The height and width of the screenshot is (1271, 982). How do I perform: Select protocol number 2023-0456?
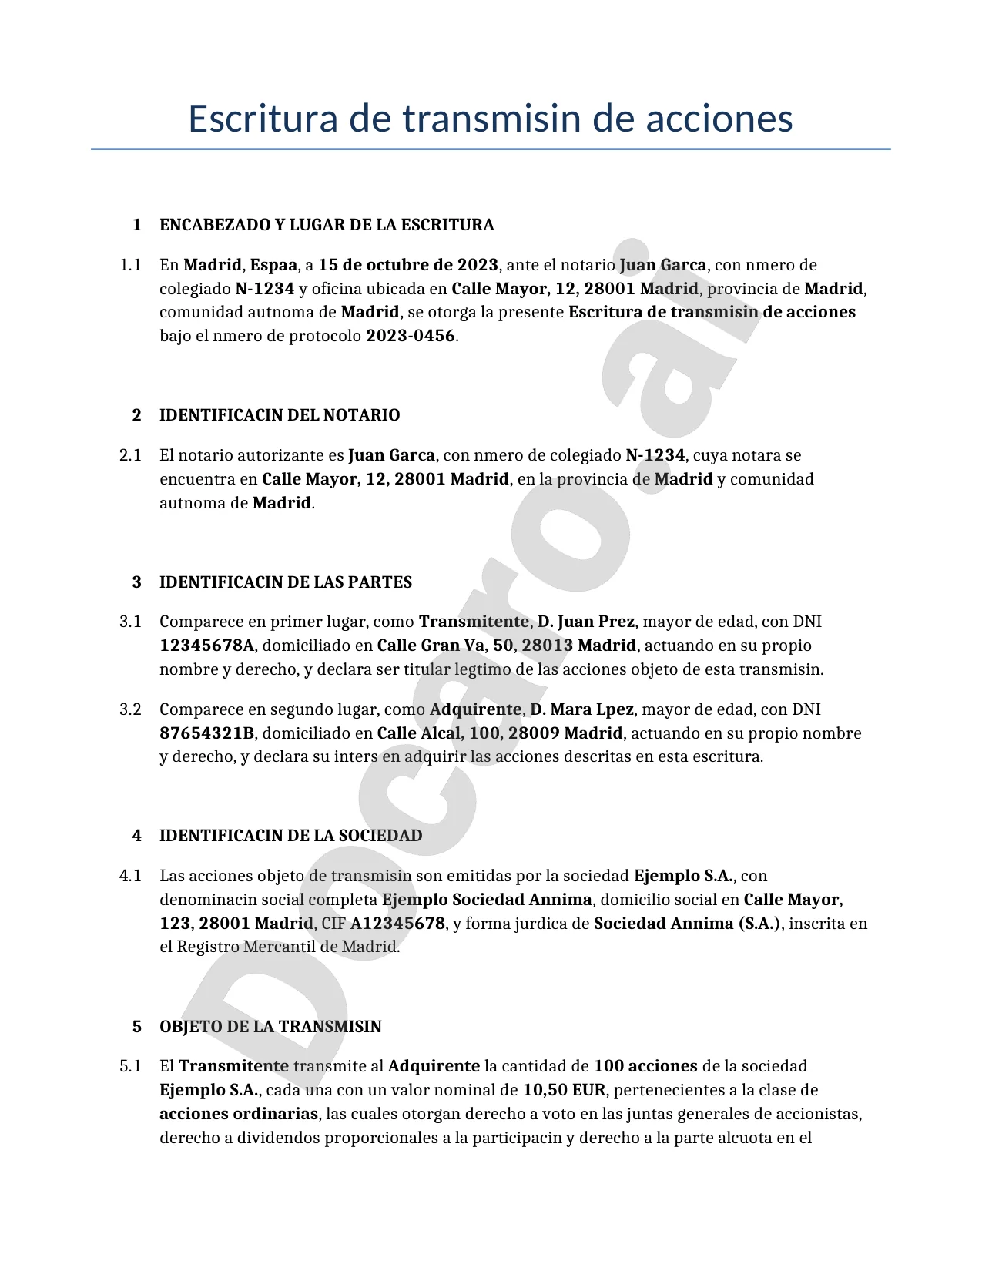click(411, 336)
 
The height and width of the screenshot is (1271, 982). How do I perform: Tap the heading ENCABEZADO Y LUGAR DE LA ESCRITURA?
click(327, 225)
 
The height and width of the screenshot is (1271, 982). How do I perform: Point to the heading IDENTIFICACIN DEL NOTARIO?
click(280, 415)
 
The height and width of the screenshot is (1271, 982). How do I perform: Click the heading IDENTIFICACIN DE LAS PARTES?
click(286, 582)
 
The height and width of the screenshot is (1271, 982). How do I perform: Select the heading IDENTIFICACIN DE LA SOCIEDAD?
click(290, 836)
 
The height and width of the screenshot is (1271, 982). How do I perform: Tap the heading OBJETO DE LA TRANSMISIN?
click(270, 1027)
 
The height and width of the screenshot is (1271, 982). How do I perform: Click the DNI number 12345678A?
click(207, 646)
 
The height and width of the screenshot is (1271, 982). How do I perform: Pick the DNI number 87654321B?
click(207, 733)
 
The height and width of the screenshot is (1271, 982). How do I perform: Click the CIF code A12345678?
click(397, 924)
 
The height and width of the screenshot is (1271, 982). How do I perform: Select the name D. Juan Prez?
click(585, 622)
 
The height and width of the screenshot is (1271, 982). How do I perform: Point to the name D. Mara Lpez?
click(581, 709)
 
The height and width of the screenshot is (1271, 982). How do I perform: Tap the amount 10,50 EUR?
click(564, 1090)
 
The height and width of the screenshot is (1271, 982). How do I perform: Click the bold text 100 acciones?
click(645, 1066)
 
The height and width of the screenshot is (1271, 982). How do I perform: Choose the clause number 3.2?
click(130, 709)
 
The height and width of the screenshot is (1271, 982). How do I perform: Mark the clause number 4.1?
click(130, 876)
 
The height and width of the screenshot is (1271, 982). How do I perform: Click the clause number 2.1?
click(130, 455)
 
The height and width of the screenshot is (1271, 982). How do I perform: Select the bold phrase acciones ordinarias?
click(239, 1114)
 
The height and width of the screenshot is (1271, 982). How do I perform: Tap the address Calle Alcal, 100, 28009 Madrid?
click(500, 733)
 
